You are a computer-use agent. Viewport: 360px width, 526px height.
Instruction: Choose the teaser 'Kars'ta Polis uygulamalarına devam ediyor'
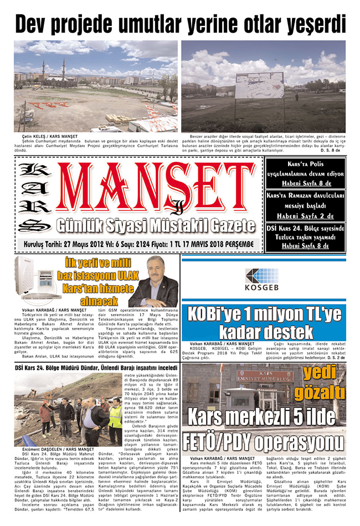pos(305,173)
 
